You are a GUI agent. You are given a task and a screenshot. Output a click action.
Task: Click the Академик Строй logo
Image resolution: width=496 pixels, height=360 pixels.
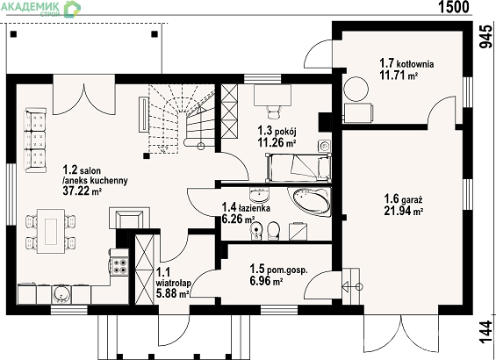[x=40, y=9]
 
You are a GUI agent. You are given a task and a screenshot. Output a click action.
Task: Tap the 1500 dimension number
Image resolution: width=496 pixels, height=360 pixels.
[x=454, y=7]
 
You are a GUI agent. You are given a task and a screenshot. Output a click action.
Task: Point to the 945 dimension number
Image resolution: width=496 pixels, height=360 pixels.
[x=485, y=36]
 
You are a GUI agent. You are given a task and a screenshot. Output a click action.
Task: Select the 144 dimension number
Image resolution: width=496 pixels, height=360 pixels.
[x=485, y=332]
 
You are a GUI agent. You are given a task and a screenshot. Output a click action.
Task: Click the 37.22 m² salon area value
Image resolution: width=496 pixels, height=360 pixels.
[x=83, y=191]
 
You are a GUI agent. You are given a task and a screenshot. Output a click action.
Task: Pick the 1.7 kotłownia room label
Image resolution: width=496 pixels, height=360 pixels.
[x=406, y=63]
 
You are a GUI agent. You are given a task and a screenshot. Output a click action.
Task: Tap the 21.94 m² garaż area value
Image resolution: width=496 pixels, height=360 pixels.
[x=404, y=211]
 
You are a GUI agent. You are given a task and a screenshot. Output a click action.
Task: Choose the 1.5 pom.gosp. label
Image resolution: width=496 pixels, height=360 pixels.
[x=278, y=270]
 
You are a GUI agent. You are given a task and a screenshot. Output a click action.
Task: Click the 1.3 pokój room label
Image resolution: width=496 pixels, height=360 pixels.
[x=277, y=130]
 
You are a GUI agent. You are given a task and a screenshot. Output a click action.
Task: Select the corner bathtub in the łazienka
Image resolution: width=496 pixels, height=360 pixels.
[x=310, y=201]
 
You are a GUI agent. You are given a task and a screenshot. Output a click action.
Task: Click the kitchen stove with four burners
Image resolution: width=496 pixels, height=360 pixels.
[x=120, y=266]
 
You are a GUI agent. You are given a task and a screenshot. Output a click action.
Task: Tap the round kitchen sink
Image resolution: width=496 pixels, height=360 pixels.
[x=60, y=294]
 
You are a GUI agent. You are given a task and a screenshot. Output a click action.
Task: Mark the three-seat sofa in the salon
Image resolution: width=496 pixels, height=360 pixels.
[x=35, y=140]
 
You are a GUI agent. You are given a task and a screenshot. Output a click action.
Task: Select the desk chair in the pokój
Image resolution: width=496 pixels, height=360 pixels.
[x=274, y=112]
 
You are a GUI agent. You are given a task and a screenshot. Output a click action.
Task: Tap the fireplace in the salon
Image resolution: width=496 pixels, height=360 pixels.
[x=129, y=218]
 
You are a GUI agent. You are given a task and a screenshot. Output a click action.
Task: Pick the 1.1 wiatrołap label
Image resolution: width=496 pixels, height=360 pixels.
[x=173, y=277]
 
